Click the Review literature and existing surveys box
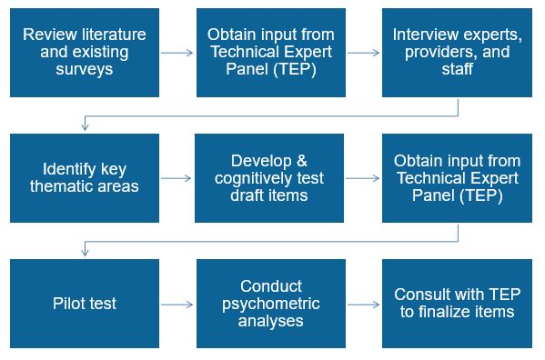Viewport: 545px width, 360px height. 83,53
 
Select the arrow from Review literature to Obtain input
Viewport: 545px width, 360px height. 177,53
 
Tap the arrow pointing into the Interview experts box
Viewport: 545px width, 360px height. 363,53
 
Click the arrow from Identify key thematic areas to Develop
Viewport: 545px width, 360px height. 177,178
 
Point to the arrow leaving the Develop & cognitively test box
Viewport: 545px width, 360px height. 363,178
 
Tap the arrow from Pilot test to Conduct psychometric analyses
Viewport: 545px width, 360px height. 177,304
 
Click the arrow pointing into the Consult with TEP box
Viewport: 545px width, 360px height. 363,304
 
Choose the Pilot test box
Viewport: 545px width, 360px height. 83,304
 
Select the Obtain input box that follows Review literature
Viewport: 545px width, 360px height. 269,53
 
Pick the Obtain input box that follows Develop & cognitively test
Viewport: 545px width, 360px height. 457,178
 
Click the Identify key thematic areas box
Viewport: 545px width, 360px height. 83,178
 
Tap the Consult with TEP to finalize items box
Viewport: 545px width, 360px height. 457,304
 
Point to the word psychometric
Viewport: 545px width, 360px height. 270,304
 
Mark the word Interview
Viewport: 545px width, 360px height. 424,35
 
